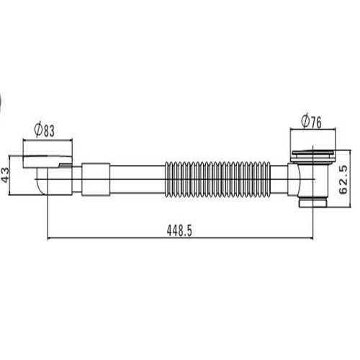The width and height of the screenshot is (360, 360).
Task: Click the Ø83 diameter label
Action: click(45, 130)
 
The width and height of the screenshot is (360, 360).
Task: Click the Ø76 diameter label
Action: click(311, 122)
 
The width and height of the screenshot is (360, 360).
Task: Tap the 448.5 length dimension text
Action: click(179, 231)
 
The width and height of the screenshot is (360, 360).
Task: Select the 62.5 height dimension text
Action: click(343, 179)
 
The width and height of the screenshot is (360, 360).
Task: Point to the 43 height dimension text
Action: click(5, 175)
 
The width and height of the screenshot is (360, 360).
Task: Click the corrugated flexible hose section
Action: click(217, 179)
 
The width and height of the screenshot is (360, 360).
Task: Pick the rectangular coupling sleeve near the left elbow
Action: click(96, 179)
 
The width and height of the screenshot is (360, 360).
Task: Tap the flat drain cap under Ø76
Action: click(313, 153)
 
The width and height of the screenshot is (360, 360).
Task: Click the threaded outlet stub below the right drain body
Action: click(313, 202)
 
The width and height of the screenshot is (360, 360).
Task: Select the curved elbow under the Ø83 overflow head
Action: click(42, 181)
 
